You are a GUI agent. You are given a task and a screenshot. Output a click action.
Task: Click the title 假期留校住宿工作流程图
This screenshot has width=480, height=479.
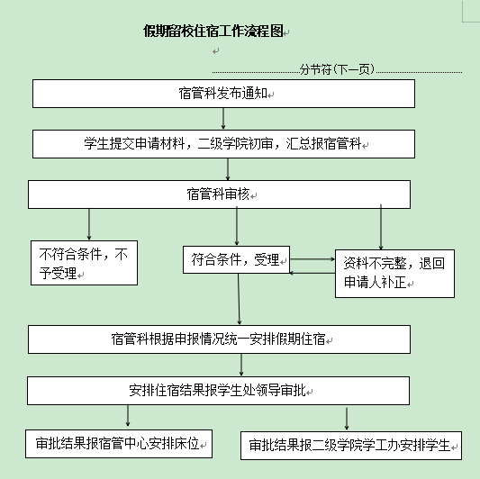point(213,32)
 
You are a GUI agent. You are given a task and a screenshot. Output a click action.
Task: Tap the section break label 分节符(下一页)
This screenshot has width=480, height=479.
point(337,69)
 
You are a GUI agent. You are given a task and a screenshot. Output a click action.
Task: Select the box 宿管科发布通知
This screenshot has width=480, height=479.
point(223,94)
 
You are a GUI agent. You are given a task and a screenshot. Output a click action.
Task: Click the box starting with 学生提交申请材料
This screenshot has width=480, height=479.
point(223,144)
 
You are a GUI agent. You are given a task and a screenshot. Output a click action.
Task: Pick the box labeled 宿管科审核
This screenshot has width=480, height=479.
point(219,194)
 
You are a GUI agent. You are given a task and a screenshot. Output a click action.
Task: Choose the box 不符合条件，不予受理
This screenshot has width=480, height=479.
point(84,263)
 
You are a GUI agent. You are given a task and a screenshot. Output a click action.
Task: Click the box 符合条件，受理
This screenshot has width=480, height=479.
point(236,259)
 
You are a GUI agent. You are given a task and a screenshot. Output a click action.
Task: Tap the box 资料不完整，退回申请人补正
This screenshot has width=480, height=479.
point(395,274)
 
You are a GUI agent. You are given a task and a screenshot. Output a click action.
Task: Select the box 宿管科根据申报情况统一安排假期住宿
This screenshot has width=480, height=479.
point(219,339)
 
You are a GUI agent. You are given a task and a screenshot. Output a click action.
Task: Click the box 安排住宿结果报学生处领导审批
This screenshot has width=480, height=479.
point(218,391)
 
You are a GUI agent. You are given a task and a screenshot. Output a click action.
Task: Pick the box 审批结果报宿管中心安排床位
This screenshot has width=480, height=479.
point(119,444)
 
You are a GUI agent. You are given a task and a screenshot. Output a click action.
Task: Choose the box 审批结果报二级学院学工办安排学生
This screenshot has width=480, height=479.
point(351,446)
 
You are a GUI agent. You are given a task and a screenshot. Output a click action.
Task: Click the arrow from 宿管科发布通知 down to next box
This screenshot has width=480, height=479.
point(223,119)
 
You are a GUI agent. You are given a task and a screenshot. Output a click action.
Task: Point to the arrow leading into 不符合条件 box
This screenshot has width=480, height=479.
point(89,224)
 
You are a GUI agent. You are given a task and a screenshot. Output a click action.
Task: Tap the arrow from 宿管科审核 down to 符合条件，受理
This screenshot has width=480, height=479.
point(237,226)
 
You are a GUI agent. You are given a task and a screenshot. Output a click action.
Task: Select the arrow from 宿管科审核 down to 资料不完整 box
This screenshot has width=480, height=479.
point(381,227)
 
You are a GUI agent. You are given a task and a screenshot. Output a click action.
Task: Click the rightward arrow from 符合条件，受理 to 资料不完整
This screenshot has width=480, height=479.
point(312,259)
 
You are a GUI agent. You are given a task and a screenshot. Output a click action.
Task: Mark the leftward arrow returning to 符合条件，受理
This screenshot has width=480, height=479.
point(312,273)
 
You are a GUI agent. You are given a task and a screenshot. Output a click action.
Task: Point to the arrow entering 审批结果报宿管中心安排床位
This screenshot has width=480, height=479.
point(128,416)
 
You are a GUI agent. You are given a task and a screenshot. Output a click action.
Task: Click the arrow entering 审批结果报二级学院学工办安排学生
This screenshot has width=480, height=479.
point(347,419)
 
